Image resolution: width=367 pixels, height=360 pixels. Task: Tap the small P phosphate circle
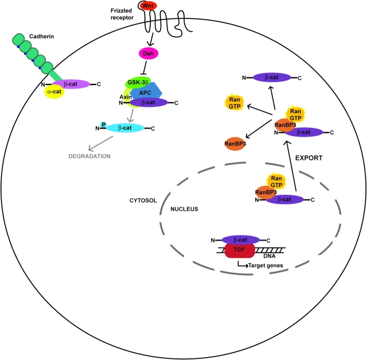point(103,123)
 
